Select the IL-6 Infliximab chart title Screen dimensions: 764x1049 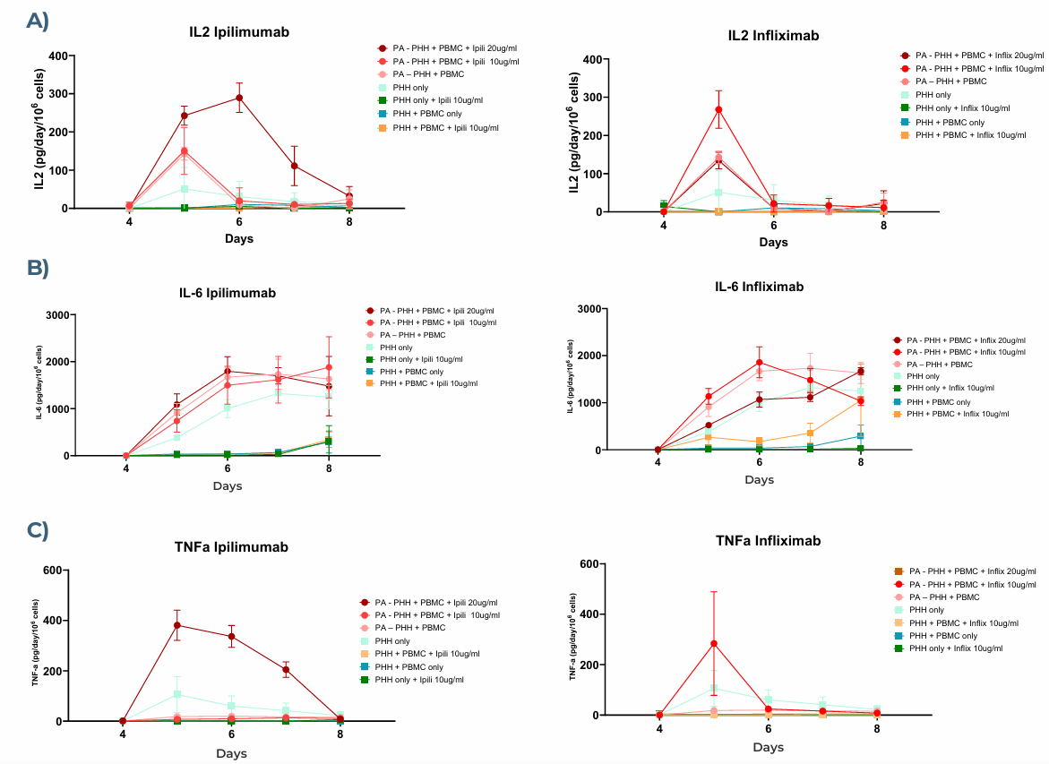point(759,287)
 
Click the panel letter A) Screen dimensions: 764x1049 point(37,21)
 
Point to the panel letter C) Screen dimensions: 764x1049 point(37,530)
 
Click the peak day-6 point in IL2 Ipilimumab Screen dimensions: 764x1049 point(239,98)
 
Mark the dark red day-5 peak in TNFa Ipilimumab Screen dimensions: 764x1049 point(176,625)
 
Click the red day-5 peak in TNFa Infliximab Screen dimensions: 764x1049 point(714,643)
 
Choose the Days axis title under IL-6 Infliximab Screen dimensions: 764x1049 point(759,480)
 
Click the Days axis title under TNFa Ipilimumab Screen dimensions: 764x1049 point(231,753)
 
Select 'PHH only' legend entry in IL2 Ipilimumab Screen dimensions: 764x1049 point(409,88)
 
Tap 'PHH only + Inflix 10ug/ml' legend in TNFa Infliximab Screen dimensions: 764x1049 point(955,648)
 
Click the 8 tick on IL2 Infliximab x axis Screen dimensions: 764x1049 point(883,226)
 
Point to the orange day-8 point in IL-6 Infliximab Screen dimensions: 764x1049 point(861,401)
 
